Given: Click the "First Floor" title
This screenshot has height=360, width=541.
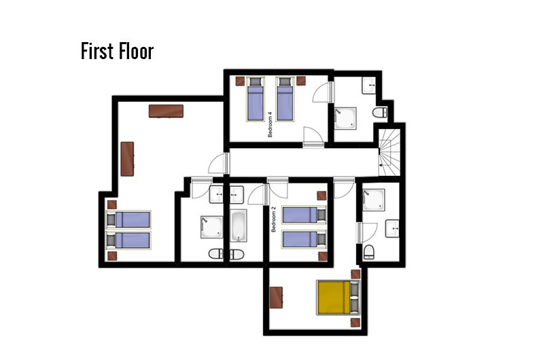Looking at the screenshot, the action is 118,51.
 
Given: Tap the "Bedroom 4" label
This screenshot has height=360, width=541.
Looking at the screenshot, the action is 270,124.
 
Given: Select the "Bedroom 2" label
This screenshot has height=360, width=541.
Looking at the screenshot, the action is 274,219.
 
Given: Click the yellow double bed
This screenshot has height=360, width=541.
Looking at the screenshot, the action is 338,298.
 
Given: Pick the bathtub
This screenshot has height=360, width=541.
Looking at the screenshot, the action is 239,226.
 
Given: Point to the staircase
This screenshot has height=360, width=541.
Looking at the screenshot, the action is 389,152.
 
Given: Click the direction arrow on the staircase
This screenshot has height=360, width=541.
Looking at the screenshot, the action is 385,166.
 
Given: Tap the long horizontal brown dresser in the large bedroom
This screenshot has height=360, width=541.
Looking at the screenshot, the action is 166,111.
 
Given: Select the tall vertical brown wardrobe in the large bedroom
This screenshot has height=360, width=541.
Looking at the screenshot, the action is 127,159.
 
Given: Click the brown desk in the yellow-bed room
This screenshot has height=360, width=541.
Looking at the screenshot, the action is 276,298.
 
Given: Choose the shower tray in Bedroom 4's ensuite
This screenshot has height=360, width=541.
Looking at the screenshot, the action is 345,118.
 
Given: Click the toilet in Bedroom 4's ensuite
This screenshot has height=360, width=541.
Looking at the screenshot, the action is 380,112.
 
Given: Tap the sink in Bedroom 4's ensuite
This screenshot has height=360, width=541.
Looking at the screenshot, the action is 369,85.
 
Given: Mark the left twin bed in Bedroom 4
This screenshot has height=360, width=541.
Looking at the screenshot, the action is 256,99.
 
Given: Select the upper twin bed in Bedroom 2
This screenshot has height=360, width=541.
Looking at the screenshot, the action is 304,215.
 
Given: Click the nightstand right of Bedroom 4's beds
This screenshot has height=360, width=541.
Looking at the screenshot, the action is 301,81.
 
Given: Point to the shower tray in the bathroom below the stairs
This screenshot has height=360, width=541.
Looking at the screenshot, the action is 373,200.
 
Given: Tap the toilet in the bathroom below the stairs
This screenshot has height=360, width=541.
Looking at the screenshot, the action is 369,252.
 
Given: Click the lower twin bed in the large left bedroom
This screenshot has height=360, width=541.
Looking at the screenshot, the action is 128,240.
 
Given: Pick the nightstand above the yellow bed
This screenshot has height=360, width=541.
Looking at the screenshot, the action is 355,274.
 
